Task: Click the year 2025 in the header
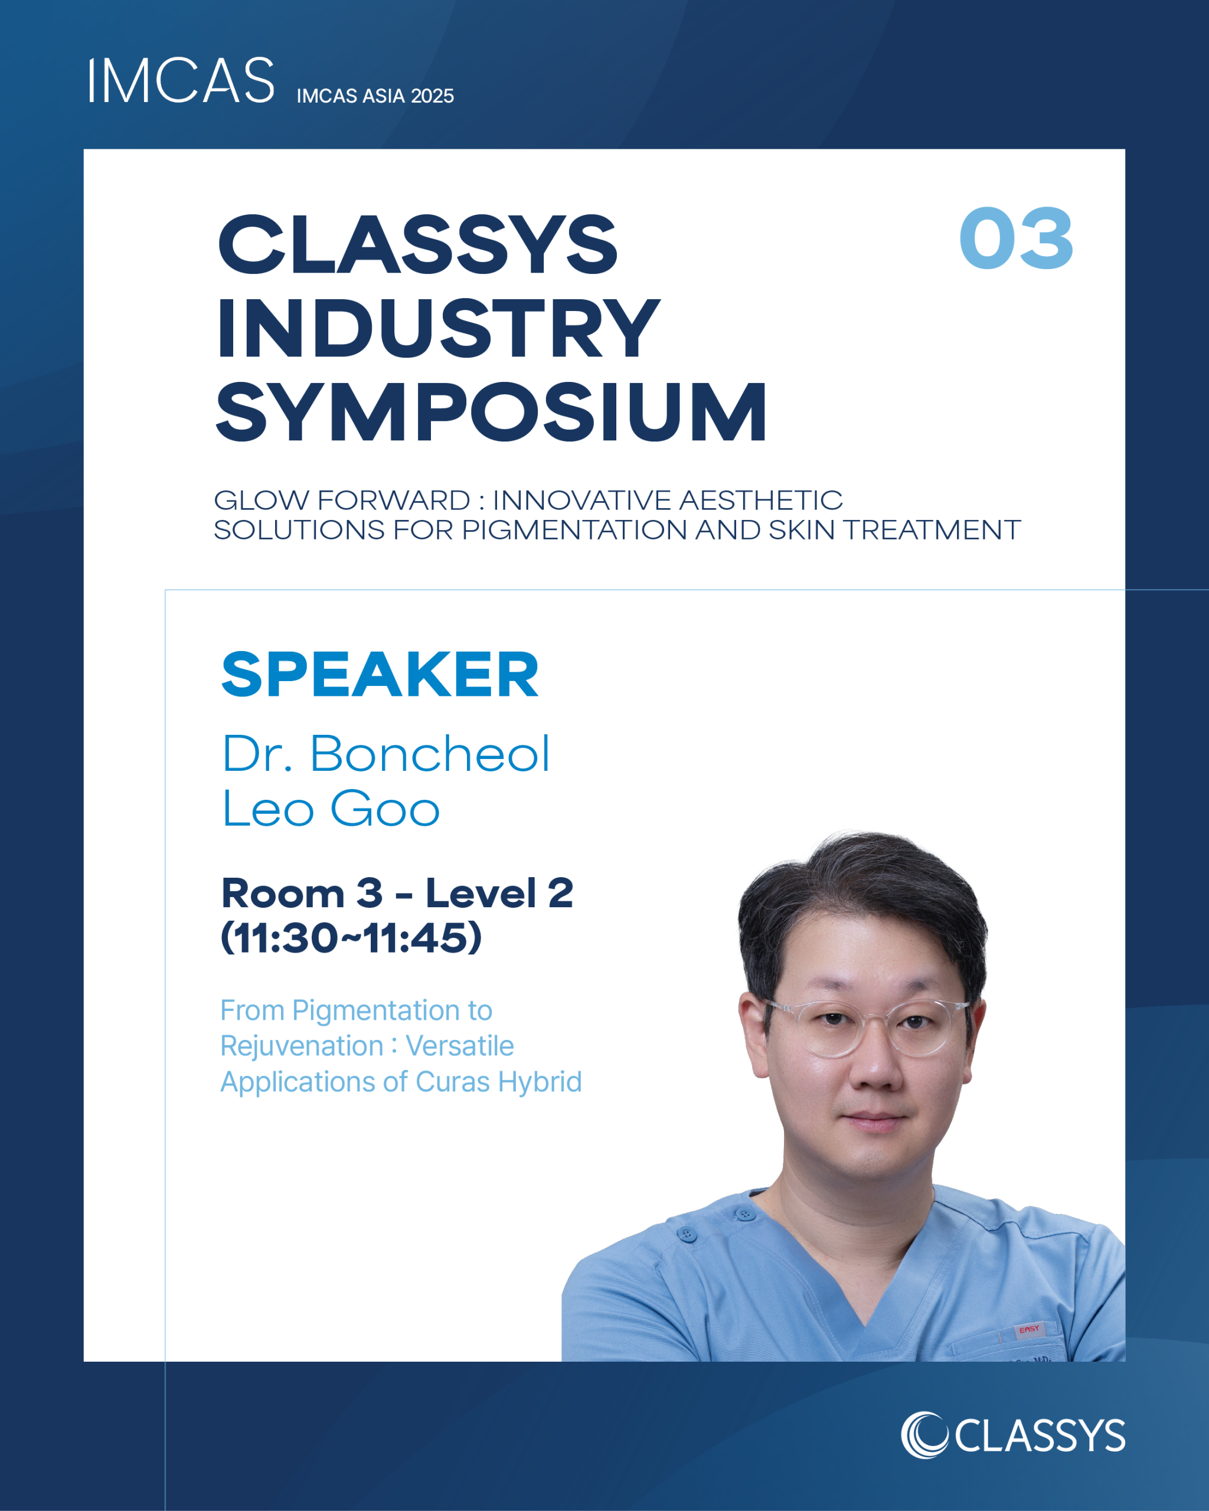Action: [x=433, y=96]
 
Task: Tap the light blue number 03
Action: [x=1015, y=238]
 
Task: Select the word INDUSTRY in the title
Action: [x=439, y=328]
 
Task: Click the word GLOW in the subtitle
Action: [x=261, y=501]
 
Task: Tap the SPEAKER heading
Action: [x=380, y=674]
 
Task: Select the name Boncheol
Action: [x=430, y=754]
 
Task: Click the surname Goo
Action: [x=385, y=809]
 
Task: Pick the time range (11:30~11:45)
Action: [x=351, y=938]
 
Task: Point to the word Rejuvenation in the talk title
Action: [x=302, y=1046]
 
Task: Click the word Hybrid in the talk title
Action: [x=540, y=1082]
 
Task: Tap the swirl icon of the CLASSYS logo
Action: [x=924, y=1435]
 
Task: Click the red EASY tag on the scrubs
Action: [x=1029, y=1329]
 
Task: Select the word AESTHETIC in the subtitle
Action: [x=760, y=501]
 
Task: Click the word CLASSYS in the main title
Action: [x=418, y=244]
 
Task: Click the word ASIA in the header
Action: [x=384, y=96]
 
